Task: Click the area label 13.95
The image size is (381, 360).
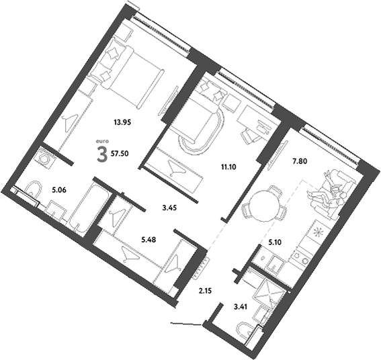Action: tap(122, 122)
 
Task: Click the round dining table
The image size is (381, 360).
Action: tap(264, 204)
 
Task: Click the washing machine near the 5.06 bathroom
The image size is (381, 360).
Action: tap(45, 161)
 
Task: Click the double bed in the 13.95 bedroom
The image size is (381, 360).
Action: tap(137, 78)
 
